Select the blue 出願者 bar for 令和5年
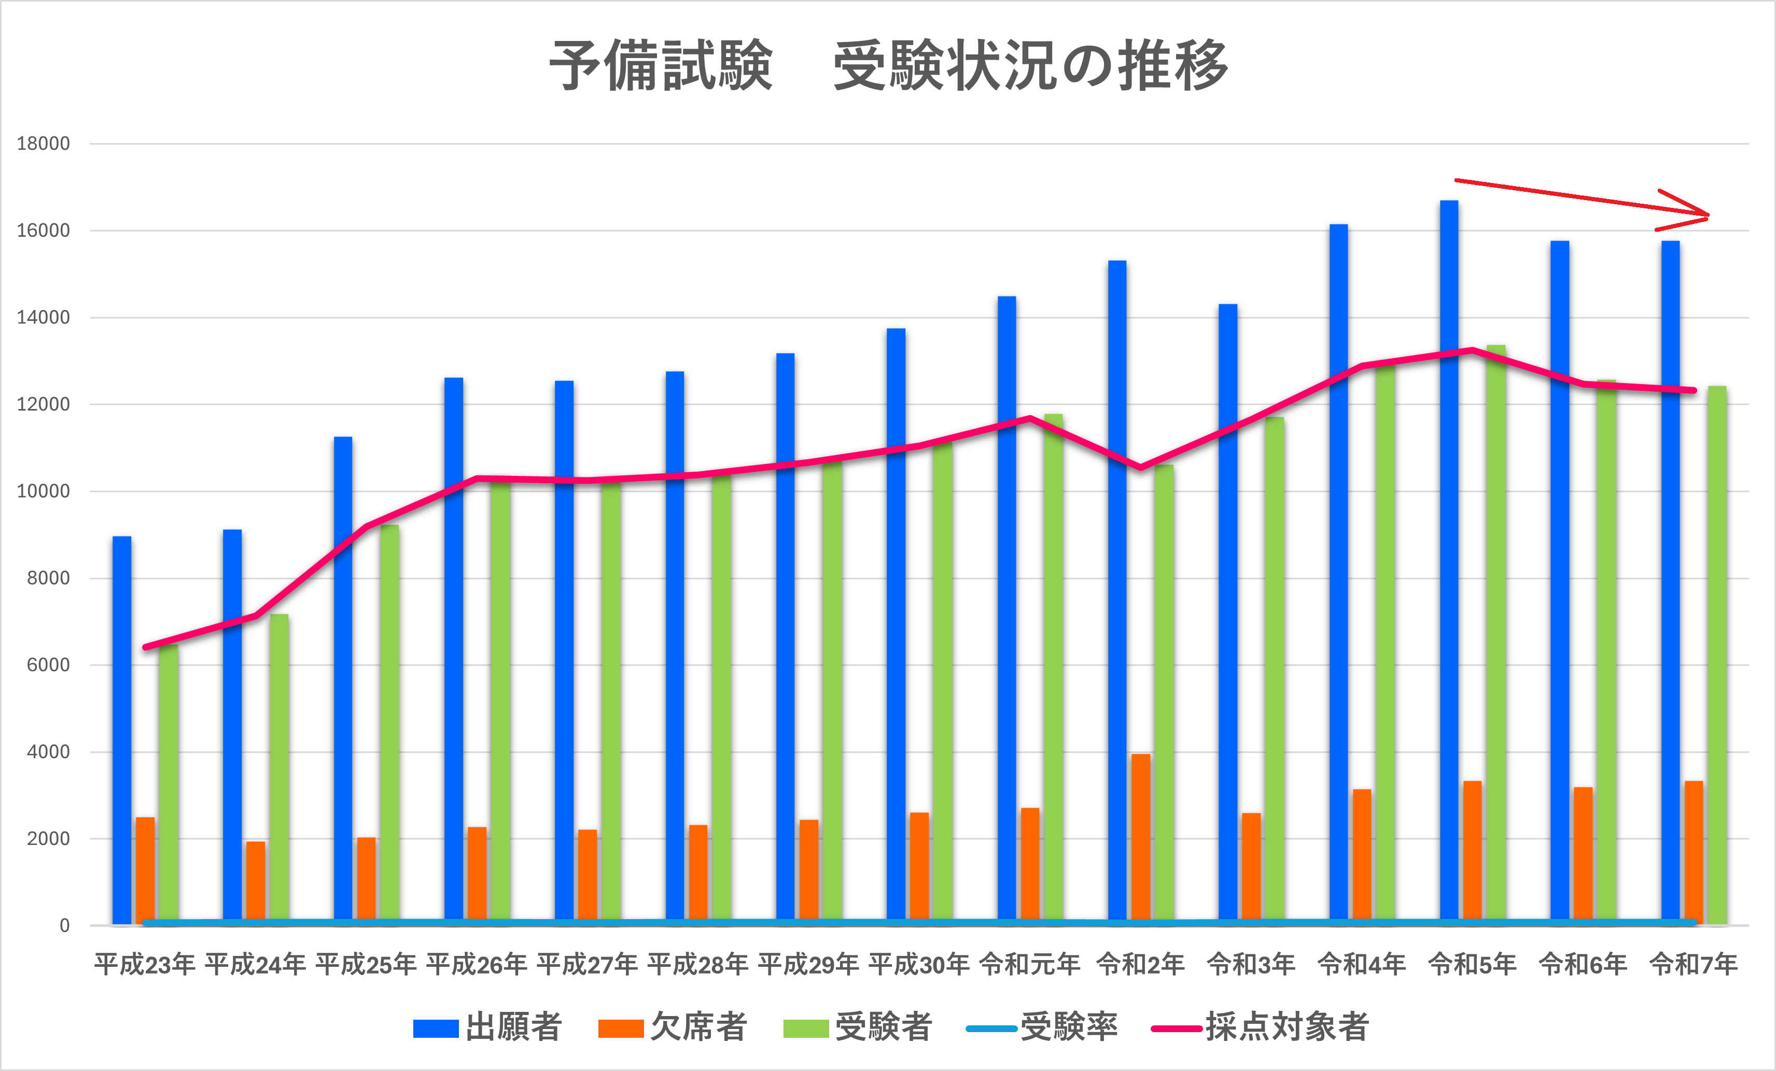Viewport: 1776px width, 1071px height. (x=1449, y=562)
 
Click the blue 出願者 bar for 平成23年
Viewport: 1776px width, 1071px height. (x=122, y=729)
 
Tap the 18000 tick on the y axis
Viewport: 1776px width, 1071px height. (x=43, y=144)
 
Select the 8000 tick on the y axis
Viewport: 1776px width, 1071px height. (x=48, y=578)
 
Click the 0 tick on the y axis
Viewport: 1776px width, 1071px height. (x=64, y=925)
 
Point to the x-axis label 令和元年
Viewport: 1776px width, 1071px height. (x=1029, y=964)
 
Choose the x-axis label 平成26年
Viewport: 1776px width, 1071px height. (x=477, y=964)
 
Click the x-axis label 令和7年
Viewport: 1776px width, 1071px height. (x=1693, y=964)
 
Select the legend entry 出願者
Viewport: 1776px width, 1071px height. (x=487, y=1027)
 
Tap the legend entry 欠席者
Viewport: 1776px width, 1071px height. (x=673, y=1027)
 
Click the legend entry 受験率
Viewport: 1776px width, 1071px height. (x=1042, y=1027)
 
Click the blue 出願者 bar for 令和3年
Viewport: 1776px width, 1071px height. (x=1227, y=613)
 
